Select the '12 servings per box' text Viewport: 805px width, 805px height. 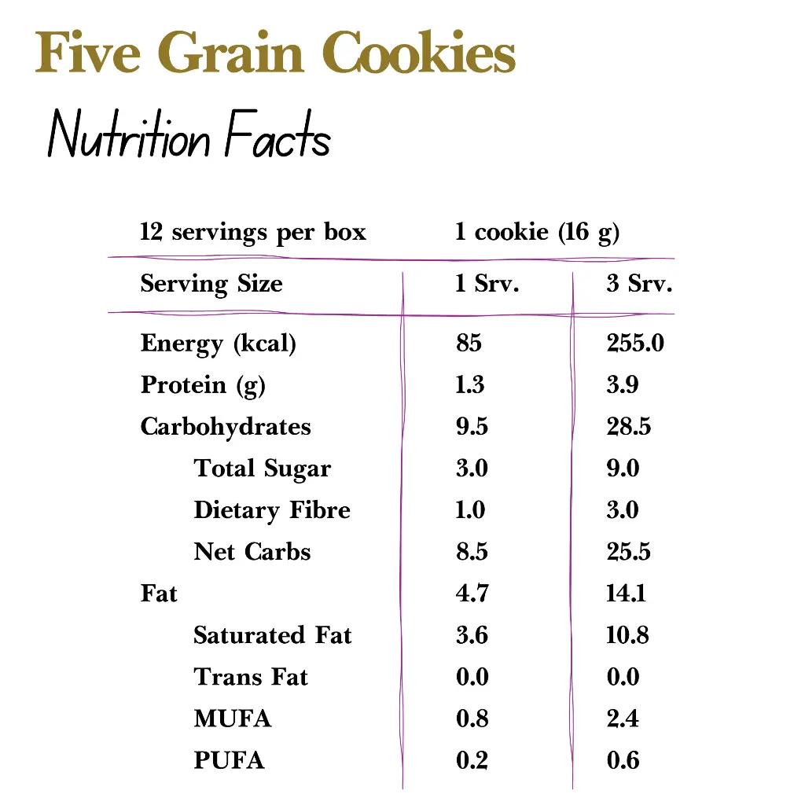point(253,233)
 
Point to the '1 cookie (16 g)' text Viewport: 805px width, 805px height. point(537,233)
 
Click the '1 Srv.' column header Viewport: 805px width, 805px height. point(487,284)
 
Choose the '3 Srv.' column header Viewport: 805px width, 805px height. point(639,284)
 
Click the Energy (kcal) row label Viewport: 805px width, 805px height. point(219,344)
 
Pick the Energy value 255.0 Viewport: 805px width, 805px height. point(635,344)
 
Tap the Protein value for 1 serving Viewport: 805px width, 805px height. point(470,385)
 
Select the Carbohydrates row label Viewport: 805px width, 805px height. point(226,427)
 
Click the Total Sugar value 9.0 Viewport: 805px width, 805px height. point(623,469)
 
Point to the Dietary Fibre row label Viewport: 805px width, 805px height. point(272,510)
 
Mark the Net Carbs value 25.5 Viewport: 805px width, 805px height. point(628,552)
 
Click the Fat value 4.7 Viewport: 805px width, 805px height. point(472,594)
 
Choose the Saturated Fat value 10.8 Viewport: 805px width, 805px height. point(627,635)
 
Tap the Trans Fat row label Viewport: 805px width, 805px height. point(251,677)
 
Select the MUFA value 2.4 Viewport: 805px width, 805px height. point(623,719)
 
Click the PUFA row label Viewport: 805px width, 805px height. point(229,760)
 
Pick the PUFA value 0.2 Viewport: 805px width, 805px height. point(472,760)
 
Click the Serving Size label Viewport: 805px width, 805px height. point(211,284)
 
